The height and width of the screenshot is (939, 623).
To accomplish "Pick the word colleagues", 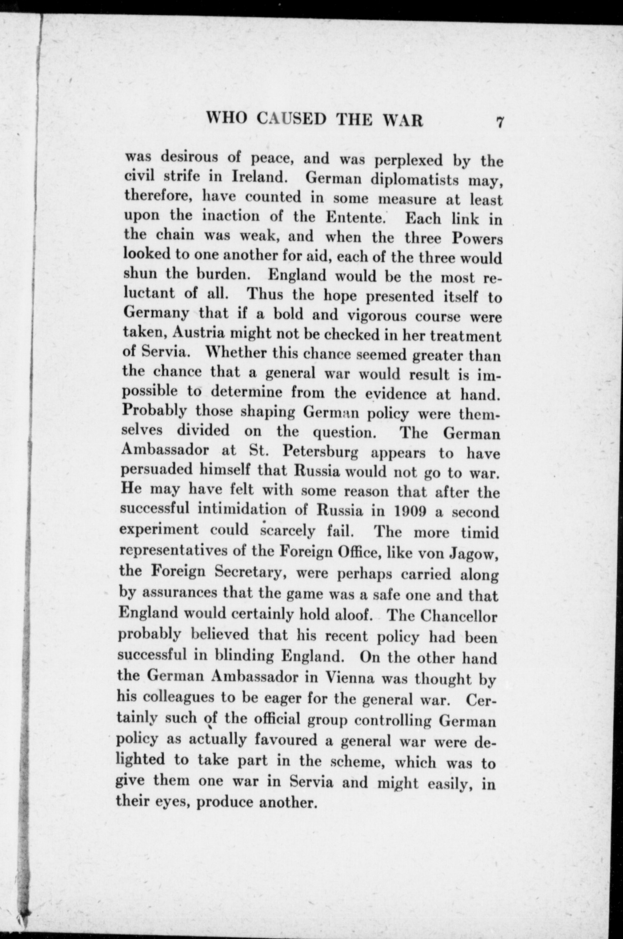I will pyautogui.click(x=171, y=698).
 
